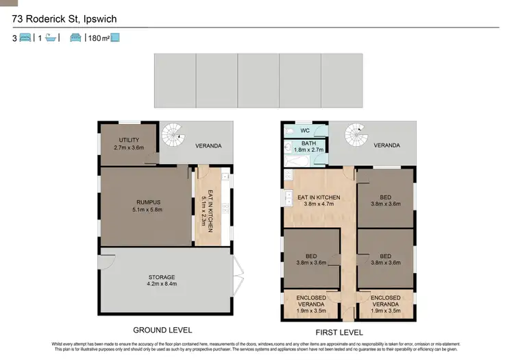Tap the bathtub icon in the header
pyautogui.click(x=51, y=38)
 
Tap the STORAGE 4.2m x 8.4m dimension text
pyautogui.click(x=162, y=285)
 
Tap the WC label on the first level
pyautogui.click(x=305, y=130)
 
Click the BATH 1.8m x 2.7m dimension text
pyautogui.click(x=308, y=149)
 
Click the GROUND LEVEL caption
pyautogui.click(x=163, y=330)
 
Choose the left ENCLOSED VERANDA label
pyautogui.click(x=311, y=302)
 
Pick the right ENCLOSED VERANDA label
pyautogui.click(x=385, y=302)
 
